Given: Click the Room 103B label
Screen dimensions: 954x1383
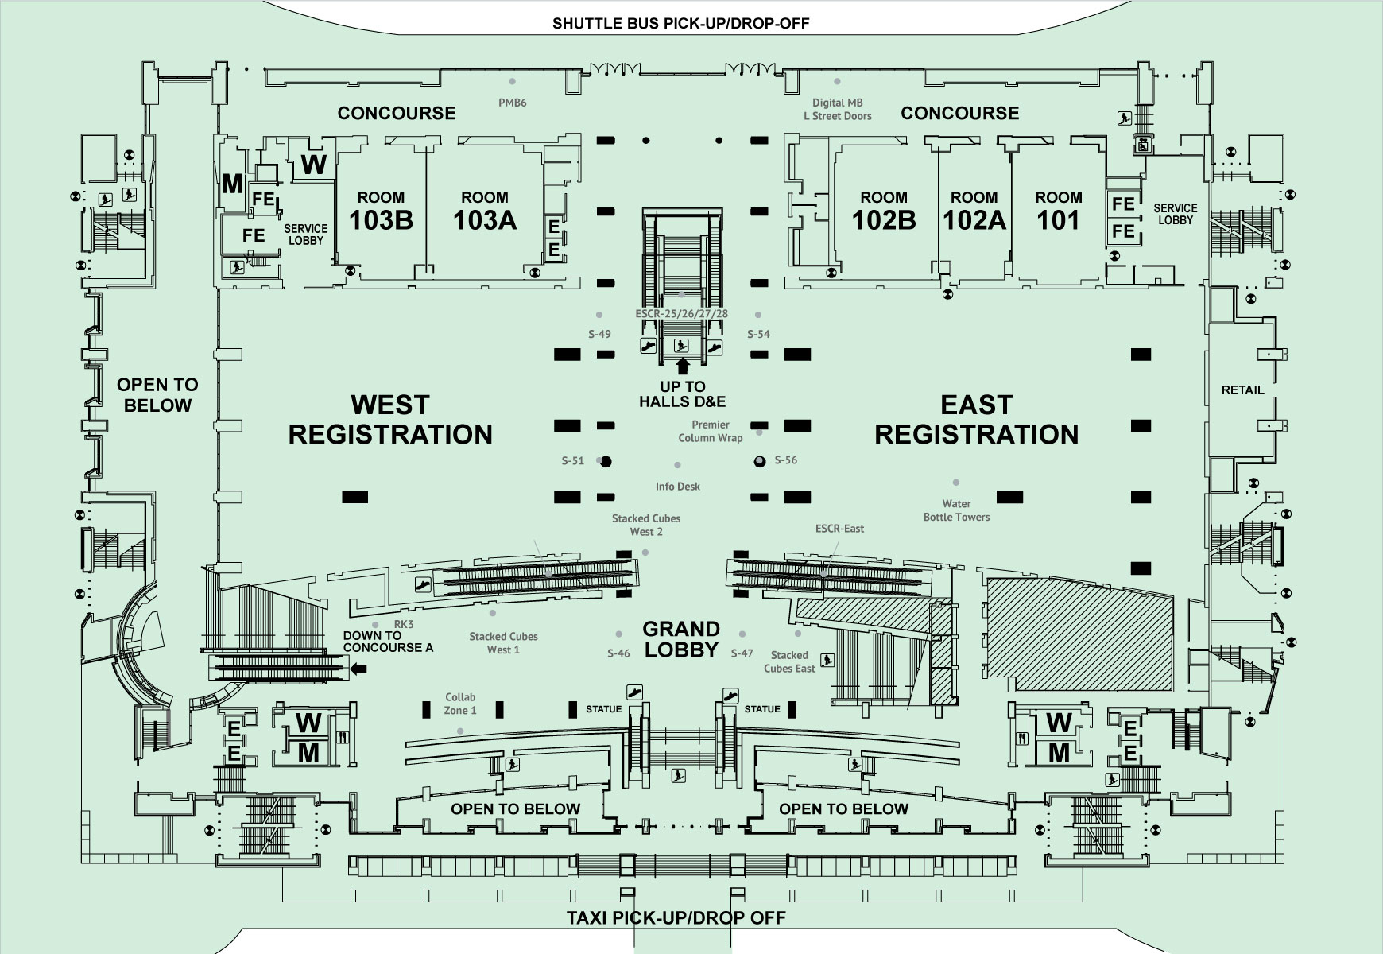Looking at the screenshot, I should [x=381, y=211].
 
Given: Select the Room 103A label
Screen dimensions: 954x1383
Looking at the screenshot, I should [x=484, y=211].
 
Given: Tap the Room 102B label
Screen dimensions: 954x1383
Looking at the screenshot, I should [x=883, y=211].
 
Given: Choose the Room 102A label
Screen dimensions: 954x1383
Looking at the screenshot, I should [x=974, y=211].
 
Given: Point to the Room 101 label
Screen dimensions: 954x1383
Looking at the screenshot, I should [x=1058, y=211].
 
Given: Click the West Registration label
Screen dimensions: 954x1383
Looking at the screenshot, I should [x=389, y=420].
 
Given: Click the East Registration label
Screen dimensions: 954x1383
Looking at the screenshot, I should [x=976, y=420].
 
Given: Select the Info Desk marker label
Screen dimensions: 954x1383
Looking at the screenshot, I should [x=677, y=487].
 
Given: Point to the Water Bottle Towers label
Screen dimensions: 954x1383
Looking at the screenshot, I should [x=956, y=510].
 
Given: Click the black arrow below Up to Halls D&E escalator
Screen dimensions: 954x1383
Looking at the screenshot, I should [x=681, y=366].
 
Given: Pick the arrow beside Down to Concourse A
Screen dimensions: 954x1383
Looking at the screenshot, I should [x=358, y=670].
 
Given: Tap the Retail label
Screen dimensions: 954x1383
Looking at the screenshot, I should [x=1242, y=390].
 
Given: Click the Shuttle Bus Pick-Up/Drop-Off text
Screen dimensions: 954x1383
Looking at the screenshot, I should [x=680, y=23].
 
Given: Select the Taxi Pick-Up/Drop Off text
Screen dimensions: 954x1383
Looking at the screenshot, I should [x=676, y=918].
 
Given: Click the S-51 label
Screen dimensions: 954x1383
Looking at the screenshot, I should [x=572, y=460].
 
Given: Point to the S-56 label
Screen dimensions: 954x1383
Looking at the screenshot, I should [x=785, y=460].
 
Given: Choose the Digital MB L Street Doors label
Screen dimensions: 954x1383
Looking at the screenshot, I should [x=837, y=109].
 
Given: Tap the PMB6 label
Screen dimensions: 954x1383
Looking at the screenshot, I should [x=512, y=103].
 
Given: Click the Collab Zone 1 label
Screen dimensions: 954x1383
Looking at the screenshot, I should [x=460, y=704].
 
